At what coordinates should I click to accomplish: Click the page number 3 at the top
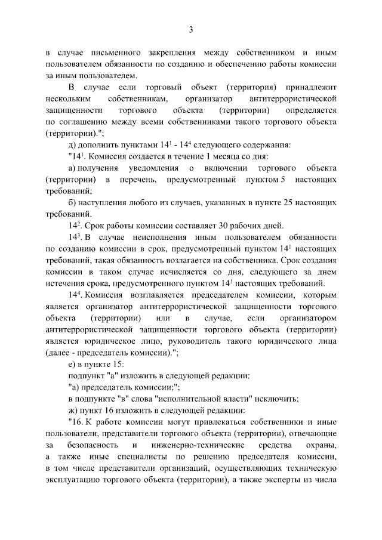pyautogui.click(x=191, y=29)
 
